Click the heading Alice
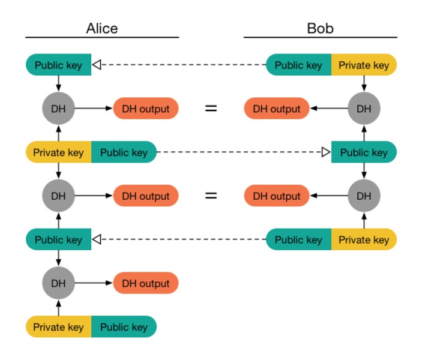pos(101,28)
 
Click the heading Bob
pos(320,28)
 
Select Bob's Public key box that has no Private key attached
pos(364,152)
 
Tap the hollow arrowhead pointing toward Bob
pos(326,152)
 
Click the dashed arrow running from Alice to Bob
pos(240,152)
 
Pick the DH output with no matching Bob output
pos(146,283)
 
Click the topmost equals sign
pos(211,109)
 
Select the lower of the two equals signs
pos(211,196)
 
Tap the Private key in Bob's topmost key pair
pos(364,65)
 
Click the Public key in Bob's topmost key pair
pos(298,65)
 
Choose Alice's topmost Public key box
pos(58,65)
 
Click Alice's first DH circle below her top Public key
pos(58,109)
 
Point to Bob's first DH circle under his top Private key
pos(364,109)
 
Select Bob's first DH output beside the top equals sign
pos(276,109)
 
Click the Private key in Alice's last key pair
pos(58,327)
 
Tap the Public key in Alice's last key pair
pos(124,327)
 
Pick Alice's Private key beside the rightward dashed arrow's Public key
pos(58,152)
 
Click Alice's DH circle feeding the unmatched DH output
pos(58,283)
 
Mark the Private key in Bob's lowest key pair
pos(364,240)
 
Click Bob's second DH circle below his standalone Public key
pos(364,196)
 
